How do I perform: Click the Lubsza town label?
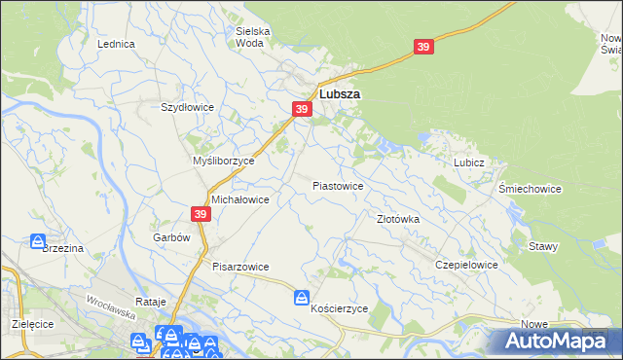[x=340, y=94]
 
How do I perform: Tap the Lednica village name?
[x=116, y=45]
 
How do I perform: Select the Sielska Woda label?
[x=253, y=37]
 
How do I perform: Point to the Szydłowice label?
[x=187, y=107]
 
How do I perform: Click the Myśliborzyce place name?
[x=223, y=161]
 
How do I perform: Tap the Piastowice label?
[x=338, y=185]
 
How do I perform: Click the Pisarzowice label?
[x=240, y=266]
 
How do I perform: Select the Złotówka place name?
[x=398, y=220]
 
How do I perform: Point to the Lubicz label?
[x=468, y=163]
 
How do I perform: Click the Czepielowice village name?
[x=467, y=265]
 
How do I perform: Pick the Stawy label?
[x=543, y=246]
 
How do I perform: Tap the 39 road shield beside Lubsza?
[x=302, y=110]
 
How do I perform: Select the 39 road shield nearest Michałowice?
[x=201, y=214]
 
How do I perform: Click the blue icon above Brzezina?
[x=38, y=240]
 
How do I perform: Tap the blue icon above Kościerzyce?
[x=302, y=297]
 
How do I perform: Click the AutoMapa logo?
[x=555, y=341]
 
